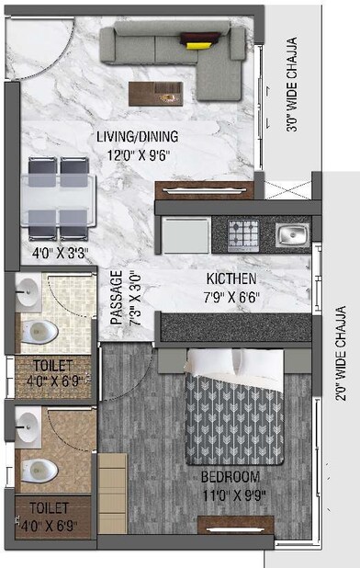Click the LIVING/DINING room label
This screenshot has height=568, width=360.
tap(138, 137)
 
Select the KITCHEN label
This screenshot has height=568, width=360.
tap(231, 278)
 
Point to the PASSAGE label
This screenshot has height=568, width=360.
tap(117, 297)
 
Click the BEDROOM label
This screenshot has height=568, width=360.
tap(231, 477)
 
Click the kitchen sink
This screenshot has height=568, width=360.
tap(291, 236)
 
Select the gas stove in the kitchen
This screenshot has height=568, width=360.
tap(242, 236)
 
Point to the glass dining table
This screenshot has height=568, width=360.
tap(60, 195)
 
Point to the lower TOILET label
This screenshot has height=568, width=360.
tap(49, 506)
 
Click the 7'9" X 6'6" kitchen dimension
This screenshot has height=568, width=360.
tap(231, 296)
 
